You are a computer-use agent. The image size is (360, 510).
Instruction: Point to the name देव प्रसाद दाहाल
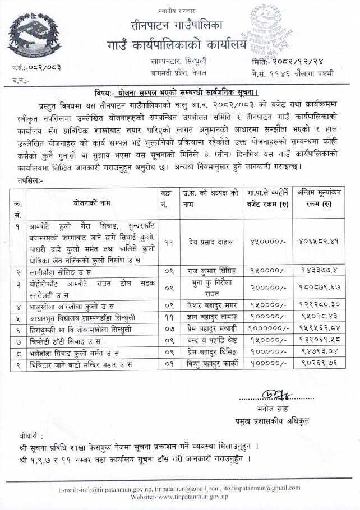click(x=204, y=242)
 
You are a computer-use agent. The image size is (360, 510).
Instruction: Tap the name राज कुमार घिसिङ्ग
click(x=204, y=271)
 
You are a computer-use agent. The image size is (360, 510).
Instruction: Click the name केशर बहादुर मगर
click(x=204, y=307)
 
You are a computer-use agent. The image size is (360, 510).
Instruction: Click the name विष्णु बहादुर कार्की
click(x=204, y=365)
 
